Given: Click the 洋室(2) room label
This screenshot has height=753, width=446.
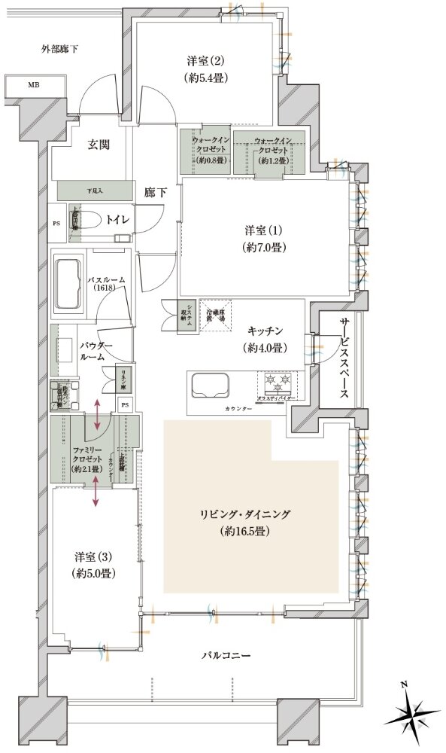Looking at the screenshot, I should [205, 69].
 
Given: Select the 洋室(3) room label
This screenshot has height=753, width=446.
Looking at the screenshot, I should [94, 564].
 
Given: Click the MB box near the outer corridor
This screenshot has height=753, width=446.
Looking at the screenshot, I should [34, 85].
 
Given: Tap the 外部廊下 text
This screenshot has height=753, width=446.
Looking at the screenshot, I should [60, 50].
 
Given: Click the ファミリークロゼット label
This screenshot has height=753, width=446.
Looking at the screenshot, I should [82, 458].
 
